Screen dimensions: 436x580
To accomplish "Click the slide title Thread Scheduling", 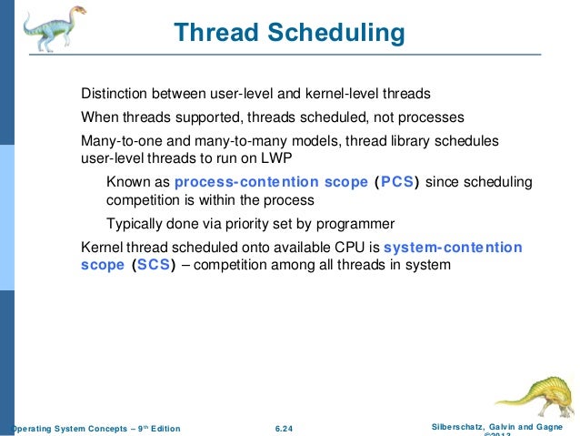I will point(289,34).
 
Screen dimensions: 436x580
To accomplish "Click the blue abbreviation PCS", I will point(398,182).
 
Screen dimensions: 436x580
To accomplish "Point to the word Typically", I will point(135,223).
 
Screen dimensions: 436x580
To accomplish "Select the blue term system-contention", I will point(453,247).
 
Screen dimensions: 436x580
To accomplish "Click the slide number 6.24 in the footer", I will point(286,428).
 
